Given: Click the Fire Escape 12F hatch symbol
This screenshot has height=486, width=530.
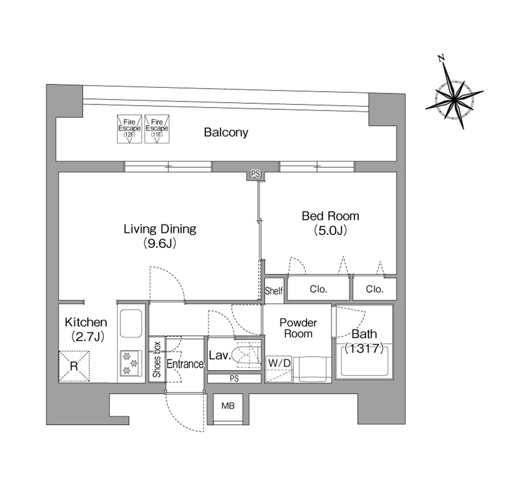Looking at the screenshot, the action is click(x=129, y=129).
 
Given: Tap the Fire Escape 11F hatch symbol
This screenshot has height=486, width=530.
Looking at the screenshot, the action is click(x=157, y=129).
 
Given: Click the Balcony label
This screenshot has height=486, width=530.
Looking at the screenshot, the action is click(x=226, y=132).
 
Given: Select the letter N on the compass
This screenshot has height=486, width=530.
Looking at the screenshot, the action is click(x=441, y=58).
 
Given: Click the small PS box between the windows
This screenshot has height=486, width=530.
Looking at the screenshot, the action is click(x=256, y=175).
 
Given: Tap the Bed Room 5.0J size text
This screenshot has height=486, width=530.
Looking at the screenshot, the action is click(x=330, y=231).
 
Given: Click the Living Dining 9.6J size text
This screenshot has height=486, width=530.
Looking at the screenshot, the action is click(x=160, y=243).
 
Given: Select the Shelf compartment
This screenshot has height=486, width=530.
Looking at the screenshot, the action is click(x=274, y=290).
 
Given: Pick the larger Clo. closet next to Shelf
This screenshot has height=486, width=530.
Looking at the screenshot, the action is click(x=319, y=289).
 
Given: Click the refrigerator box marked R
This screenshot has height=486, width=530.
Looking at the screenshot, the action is click(x=74, y=366).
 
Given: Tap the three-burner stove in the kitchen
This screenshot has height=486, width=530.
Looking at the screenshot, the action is click(x=130, y=363).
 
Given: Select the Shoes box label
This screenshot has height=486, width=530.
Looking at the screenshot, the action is click(x=157, y=360).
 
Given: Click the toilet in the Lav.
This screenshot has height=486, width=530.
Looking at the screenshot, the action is click(x=248, y=355).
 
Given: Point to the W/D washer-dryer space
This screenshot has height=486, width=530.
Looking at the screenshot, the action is click(x=279, y=369).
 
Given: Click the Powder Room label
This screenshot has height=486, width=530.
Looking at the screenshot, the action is click(x=298, y=328).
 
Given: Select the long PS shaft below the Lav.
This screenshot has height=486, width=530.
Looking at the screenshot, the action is click(x=234, y=379).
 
